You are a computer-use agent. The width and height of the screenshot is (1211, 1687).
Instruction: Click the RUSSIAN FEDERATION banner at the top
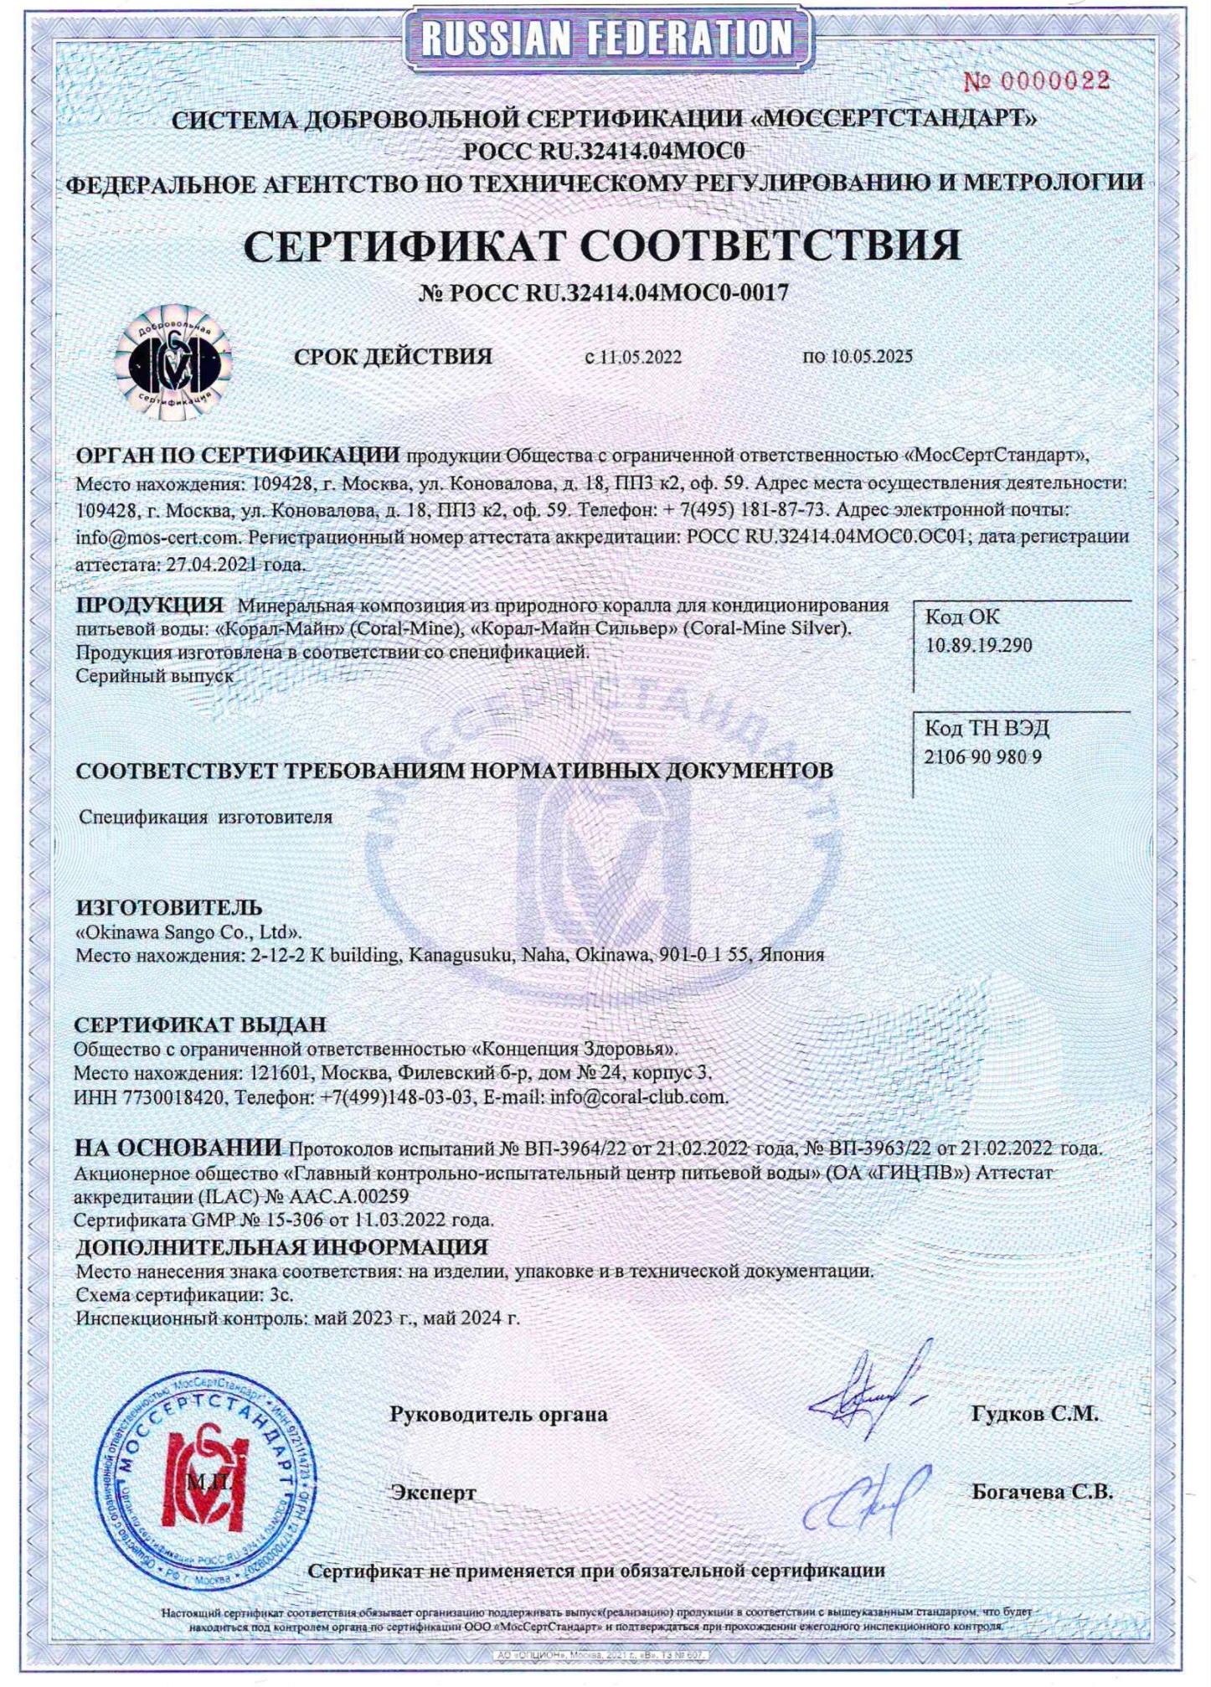click(606, 38)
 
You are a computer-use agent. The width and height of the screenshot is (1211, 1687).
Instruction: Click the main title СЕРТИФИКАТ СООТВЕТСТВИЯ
click(602, 246)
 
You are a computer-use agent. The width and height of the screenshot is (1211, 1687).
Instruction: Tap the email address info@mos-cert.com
click(157, 537)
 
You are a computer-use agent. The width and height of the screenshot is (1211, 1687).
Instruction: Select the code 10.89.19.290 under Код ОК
click(978, 646)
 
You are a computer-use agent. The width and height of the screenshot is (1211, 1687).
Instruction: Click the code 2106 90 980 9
click(982, 757)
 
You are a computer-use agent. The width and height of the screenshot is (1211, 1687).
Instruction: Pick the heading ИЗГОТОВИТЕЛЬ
click(169, 907)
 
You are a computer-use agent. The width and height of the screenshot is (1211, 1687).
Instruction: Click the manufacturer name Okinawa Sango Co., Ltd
click(189, 931)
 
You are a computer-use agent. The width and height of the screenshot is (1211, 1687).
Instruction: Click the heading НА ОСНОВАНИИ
click(178, 1148)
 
